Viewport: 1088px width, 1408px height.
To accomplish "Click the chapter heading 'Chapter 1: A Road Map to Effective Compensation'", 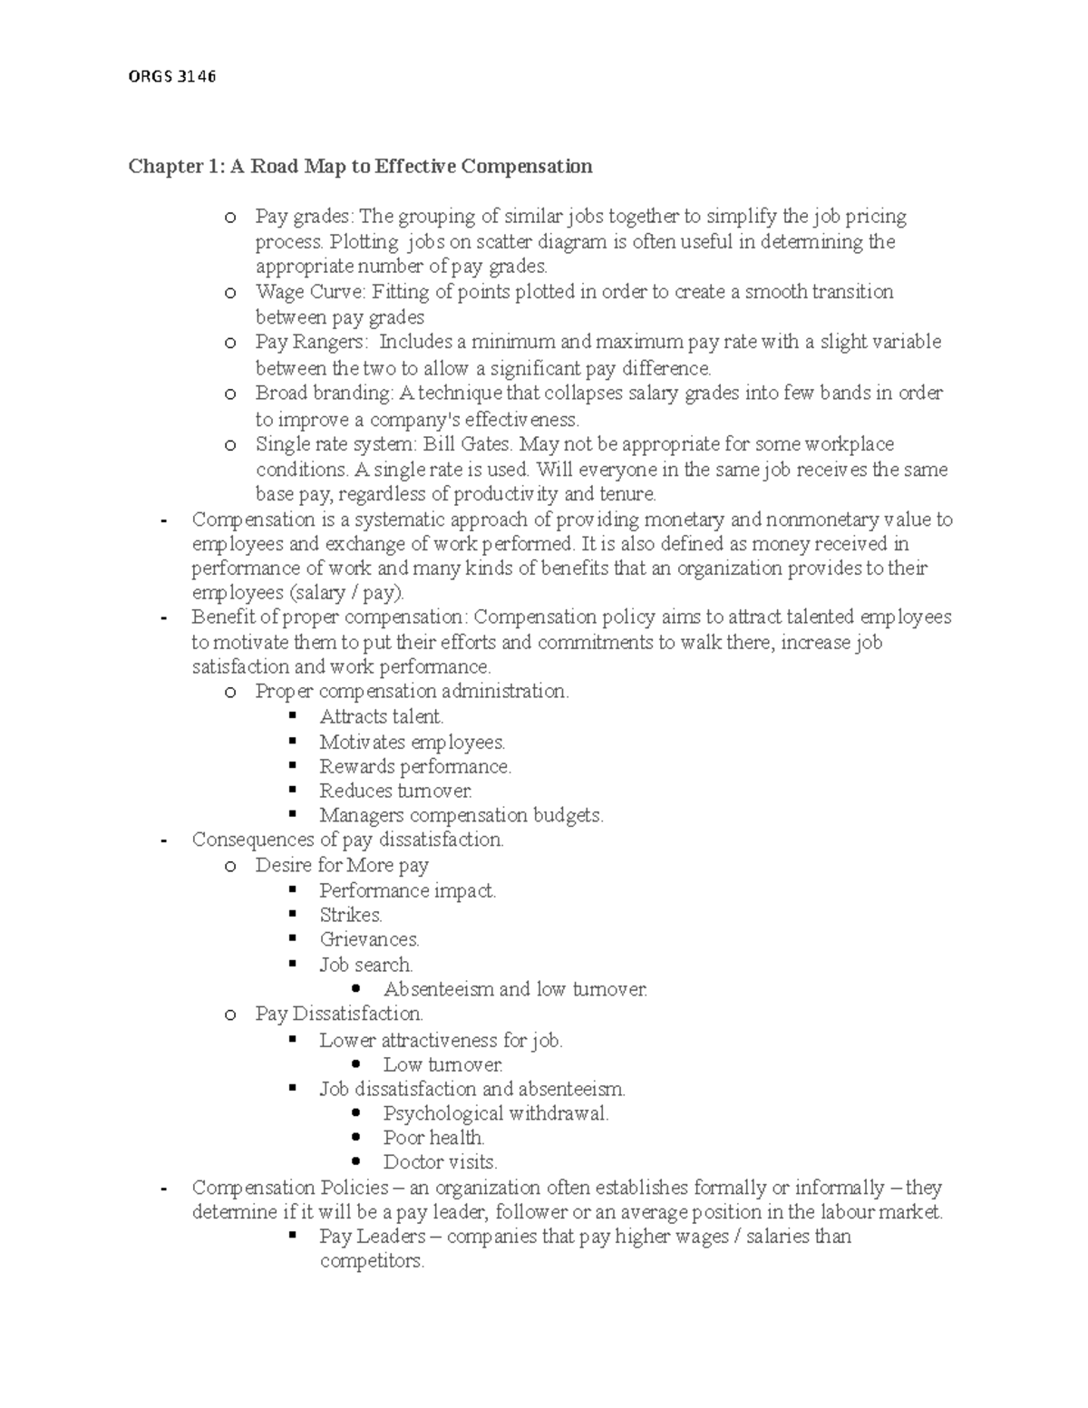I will point(360,166).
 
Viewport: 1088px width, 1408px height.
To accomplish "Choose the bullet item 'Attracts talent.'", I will point(381,717).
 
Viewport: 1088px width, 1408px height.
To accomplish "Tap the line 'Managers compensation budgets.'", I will point(461,815).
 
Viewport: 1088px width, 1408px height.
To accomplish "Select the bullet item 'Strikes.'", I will point(351,915).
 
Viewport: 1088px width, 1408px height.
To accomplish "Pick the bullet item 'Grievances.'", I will point(369,939).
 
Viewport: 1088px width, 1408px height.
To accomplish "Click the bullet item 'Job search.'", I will point(365,965).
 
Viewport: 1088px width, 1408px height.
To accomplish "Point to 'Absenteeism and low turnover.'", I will point(515,989).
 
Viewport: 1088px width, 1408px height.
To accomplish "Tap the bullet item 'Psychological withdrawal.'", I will point(495,1113).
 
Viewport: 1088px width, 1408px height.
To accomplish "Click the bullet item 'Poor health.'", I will point(433,1138).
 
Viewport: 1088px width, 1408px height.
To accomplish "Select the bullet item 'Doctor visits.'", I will point(440,1162).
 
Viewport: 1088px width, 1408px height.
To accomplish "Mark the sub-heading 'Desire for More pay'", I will point(342,865).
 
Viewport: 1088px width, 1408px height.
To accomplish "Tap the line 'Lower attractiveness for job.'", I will point(441,1040).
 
